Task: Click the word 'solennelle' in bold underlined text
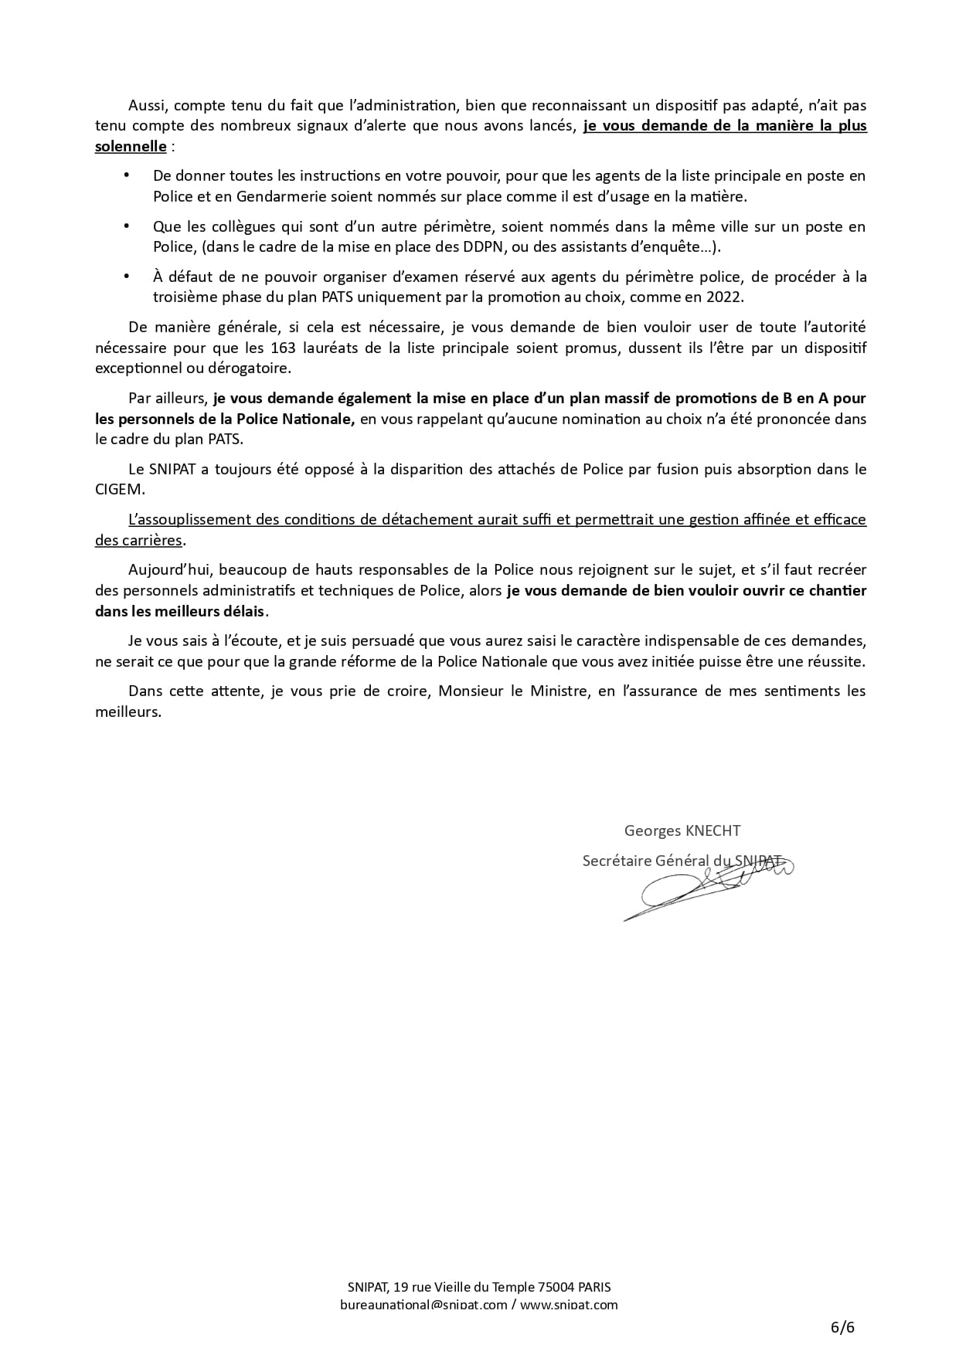coord(131,146)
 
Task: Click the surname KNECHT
coord(712,830)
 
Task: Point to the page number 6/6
coord(842,1327)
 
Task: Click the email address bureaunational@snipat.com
coord(423,1305)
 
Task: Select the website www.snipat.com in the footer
coord(568,1305)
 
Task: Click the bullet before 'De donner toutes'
coord(127,176)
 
